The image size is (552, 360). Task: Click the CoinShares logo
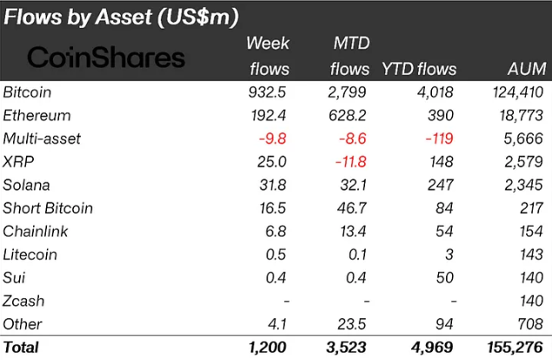click(106, 57)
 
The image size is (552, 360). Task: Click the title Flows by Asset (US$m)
click(122, 17)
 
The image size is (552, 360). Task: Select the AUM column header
click(525, 69)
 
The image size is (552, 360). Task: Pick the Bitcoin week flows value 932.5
click(269, 91)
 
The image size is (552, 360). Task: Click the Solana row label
click(27, 184)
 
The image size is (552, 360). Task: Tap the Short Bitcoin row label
click(48, 208)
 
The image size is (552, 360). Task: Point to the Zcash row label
click(23, 301)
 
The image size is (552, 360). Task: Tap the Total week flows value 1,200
click(269, 348)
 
